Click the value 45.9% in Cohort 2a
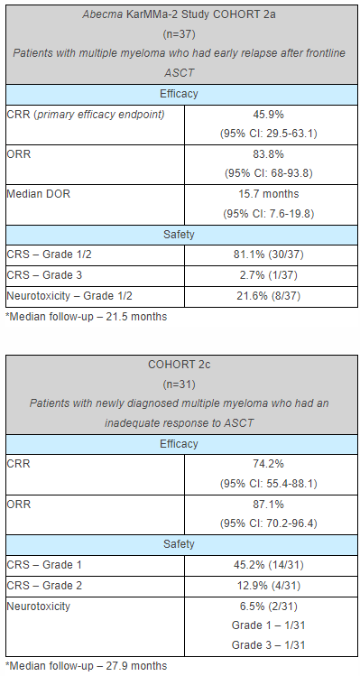click(269, 116)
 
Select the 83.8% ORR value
click(269, 153)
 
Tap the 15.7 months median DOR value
click(269, 193)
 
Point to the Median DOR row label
click(38, 193)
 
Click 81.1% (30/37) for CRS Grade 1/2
click(269, 255)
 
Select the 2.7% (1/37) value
click(269, 275)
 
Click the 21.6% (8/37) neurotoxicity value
click(269, 295)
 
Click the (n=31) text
click(180, 383)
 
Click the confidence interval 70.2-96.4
click(269, 523)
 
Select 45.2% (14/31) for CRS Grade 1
click(269, 567)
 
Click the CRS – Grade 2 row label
click(44, 587)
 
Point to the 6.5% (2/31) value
click(269, 607)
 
